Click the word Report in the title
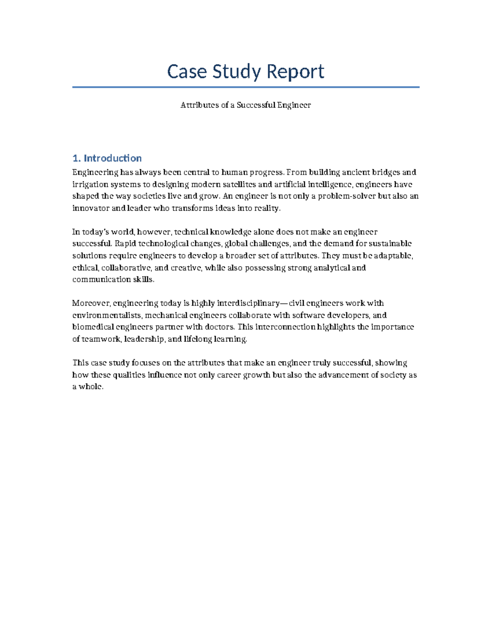point(296,71)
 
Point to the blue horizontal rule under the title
point(246,87)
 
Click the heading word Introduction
point(113,158)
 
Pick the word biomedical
point(93,327)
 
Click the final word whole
point(91,387)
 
